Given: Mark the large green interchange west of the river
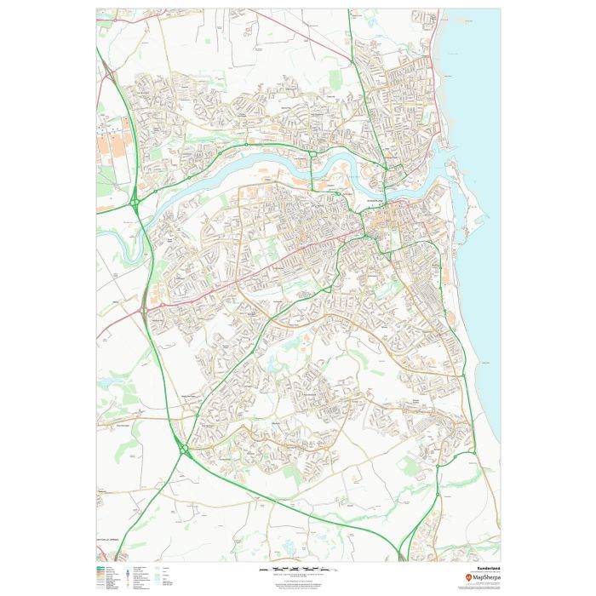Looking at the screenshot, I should (x=135, y=202).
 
